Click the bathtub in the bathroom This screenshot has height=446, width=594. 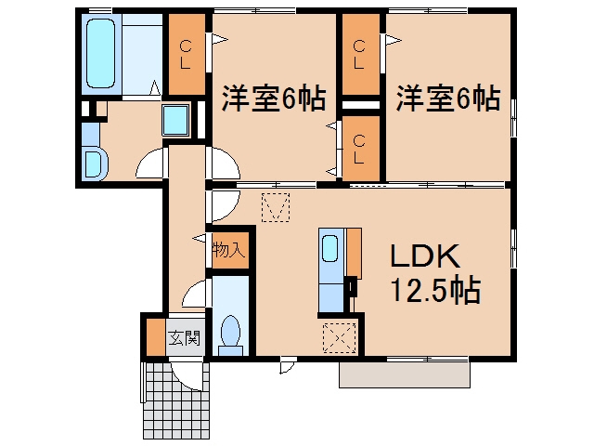pyautogui.click(x=101, y=54)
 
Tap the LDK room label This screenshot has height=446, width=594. pyautogui.click(x=425, y=256)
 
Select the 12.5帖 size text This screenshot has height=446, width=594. pyautogui.click(x=435, y=290)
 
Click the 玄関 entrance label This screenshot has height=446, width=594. pyautogui.click(x=184, y=338)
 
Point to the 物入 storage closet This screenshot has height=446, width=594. pyautogui.click(x=229, y=250)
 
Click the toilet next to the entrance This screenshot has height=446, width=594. pyautogui.click(x=231, y=335)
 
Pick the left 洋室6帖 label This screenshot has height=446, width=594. pyautogui.click(x=274, y=98)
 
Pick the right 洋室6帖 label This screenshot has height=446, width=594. pyautogui.click(x=448, y=98)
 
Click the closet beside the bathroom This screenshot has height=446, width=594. pyautogui.click(x=187, y=54)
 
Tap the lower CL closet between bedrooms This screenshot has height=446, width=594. pyautogui.click(x=361, y=149)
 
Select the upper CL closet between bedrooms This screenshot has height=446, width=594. pyautogui.click(x=361, y=54)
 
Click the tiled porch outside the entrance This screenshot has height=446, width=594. pyautogui.click(x=177, y=401)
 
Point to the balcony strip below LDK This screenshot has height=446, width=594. pyautogui.click(x=405, y=374)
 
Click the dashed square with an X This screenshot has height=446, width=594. pyautogui.click(x=340, y=337)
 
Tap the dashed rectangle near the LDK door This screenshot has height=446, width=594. pyautogui.click(x=276, y=207)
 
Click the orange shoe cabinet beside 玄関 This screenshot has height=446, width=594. pyautogui.click(x=156, y=338)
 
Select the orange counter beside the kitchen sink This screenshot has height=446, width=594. pyautogui.click(x=355, y=253)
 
